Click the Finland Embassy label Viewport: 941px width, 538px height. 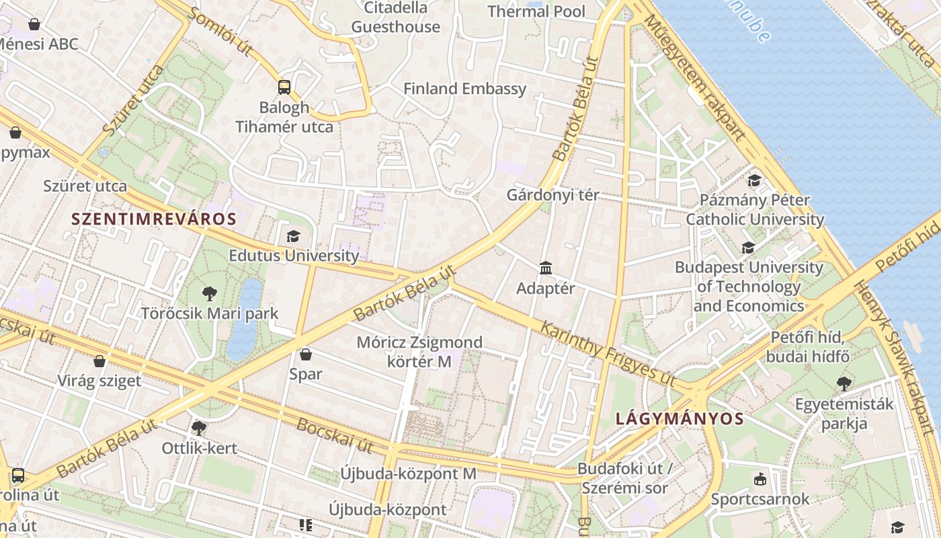464,89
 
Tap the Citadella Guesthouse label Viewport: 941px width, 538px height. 396,17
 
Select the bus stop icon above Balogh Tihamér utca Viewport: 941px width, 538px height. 284,87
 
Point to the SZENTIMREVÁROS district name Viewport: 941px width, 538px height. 154,219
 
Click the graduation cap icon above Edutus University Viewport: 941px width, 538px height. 293,236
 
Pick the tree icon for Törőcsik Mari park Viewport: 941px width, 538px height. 210,293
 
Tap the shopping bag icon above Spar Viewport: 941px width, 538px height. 306,354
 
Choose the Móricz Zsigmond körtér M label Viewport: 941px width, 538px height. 419,352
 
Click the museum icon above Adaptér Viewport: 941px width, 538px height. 546,268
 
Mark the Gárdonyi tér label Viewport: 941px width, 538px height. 553,196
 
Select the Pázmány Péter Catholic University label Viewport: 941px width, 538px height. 755,210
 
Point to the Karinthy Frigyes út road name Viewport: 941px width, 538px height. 608,354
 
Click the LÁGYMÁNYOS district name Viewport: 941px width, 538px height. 680,418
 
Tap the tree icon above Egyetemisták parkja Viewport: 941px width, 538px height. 844,384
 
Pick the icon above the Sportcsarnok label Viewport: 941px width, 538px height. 760,479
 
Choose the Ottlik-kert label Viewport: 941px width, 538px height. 200,448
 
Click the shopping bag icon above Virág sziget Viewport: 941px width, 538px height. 99,361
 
